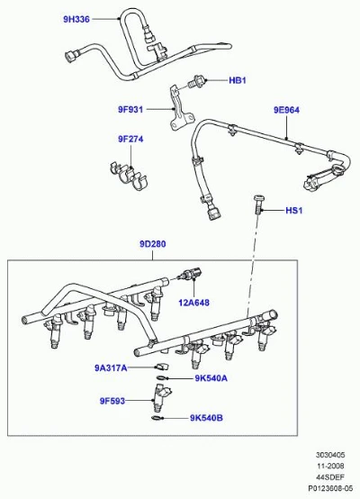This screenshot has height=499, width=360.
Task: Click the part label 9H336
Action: pos(76,20)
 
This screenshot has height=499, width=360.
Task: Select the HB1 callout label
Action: pos(238,80)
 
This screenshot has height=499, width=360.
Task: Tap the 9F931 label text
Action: pos(130,110)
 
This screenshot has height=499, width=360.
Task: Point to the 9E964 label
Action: pos(286,110)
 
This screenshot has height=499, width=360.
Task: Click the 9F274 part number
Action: pos(130,139)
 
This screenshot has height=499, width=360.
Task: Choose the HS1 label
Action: pos(294,211)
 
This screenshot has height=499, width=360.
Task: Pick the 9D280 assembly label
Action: pos(153,244)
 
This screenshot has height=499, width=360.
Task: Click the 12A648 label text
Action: pos(194,303)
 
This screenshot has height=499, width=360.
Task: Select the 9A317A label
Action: pos(111,368)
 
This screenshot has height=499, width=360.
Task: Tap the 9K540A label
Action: pos(211,378)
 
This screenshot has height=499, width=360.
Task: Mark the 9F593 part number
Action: pos(112,401)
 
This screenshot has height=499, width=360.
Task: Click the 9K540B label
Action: pos(206,418)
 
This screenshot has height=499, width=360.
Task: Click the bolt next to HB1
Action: pos(196,81)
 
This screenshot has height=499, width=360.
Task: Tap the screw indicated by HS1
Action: pos(258,204)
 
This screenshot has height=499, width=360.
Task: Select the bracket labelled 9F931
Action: pos(181,108)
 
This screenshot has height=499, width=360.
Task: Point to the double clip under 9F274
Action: pos(130,176)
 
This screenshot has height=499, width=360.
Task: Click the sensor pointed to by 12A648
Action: pos(191,274)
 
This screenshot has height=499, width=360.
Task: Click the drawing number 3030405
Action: pos(330,455)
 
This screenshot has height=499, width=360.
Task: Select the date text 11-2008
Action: pos(330,467)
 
